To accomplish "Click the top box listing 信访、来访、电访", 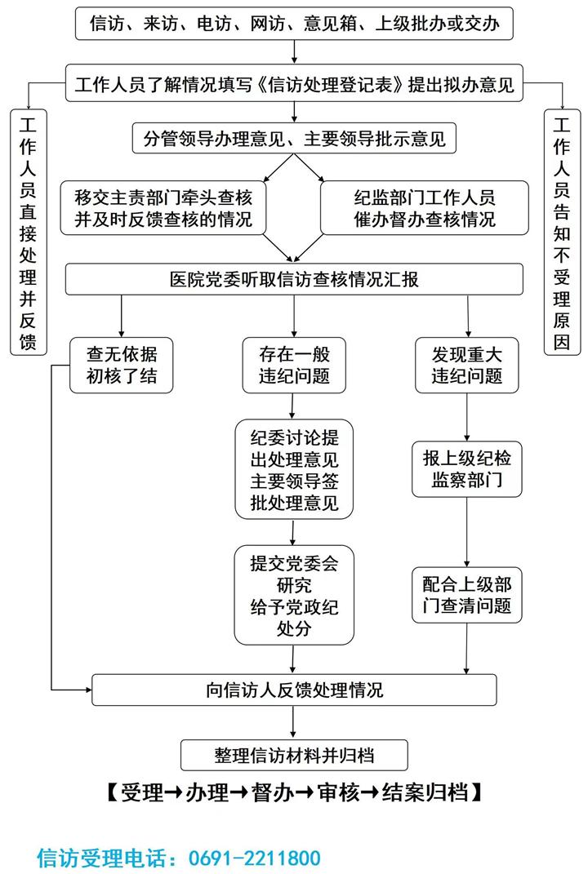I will click(x=294, y=24).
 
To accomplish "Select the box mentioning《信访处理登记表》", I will click(x=294, y=85).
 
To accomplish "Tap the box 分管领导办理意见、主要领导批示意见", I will click(x=294, y=138).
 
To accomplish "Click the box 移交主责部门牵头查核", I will click(x=163, y=209).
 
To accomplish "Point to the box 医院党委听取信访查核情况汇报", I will click(x=294, y=279).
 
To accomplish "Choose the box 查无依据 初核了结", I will click(x=122, y=365).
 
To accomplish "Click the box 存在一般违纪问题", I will click(x=293, y=365).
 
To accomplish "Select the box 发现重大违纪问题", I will click(x=467, y=365).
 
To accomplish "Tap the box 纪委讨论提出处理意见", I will click(x=293, y=469).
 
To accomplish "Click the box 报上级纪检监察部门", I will click(x=466, y=469).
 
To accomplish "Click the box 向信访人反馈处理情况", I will click(x=294, y=690).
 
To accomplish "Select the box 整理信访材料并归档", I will click(x=294, y=755).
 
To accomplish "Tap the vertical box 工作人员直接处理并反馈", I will click(x=28, y=233).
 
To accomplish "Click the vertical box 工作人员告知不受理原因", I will click(x=562, y=233).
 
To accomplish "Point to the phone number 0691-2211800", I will click(x=254, y=858).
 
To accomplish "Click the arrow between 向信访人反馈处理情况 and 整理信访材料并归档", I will click(x=294, y=722).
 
